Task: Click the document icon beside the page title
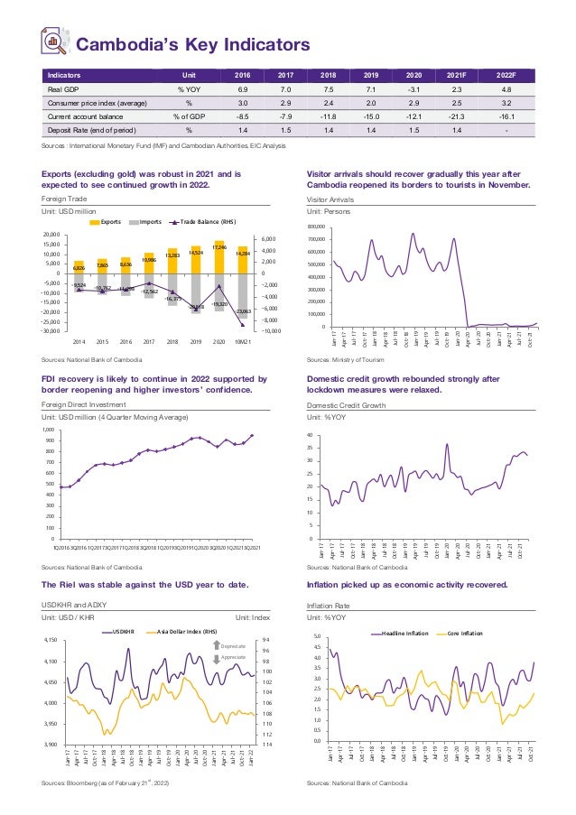pos(55,41)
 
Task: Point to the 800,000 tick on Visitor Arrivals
pos(316,227)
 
